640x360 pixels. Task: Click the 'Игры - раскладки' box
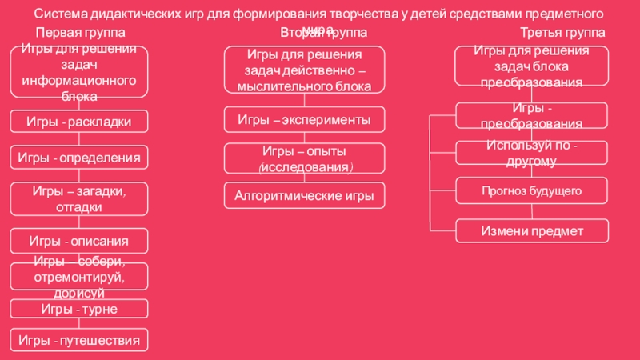click(79, 121)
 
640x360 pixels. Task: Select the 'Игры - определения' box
click(79, 158)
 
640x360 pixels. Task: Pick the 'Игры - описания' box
click(79, 240)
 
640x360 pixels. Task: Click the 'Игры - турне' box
click(79, 308)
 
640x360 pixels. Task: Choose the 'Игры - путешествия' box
click(79, 340)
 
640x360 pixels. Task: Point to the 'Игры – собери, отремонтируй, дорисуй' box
click(79, 276)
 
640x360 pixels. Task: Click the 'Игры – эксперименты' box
click(304, 119)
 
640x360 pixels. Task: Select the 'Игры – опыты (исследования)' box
click(304, 158)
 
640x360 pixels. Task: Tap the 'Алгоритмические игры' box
click(304, 195)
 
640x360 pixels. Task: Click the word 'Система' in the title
click(63, 14)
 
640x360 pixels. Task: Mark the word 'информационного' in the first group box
click(79, 82)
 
